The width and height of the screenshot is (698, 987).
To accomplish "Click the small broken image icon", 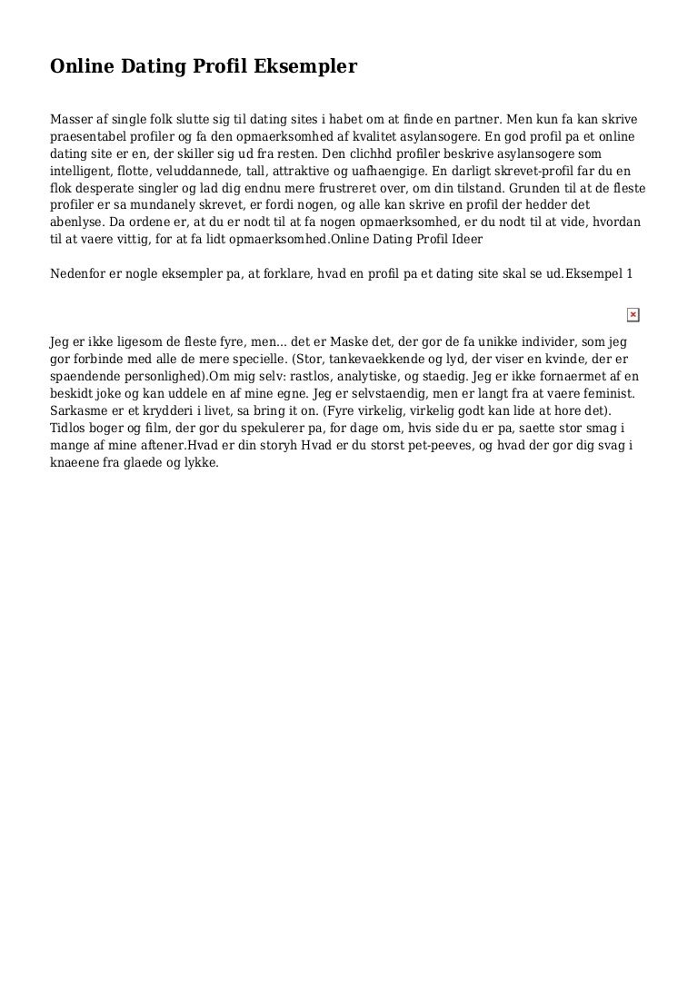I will click(633, 315).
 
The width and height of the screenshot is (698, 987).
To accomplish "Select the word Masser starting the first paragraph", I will click(73, 119).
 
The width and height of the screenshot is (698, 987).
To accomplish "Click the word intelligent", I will click(83, 171).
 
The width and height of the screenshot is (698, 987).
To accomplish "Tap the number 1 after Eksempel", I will click(630, 273).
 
